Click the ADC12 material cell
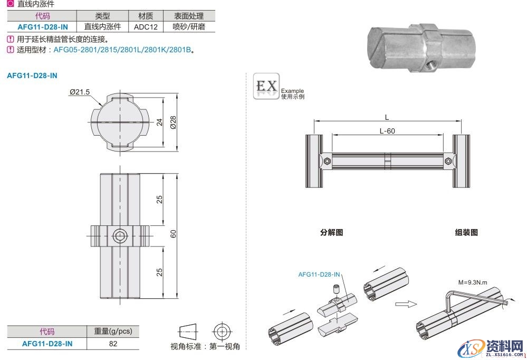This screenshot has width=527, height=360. (x=146, y=26)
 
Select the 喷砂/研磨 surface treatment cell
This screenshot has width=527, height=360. (x=189, y=26)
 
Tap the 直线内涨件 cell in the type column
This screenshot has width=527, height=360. (x=102, y=26)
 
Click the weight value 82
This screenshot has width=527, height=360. (x=113, y=344)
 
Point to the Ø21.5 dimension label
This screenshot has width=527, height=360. (x=79, y=92)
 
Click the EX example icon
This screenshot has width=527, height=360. (x=266, y=86)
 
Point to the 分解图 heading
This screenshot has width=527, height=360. (x=331, y=232)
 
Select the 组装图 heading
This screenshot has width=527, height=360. (x=466, y=232)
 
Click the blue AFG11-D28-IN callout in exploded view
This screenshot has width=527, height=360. (x=319, y=274)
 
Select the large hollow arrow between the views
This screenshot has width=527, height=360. (x=405, y=304)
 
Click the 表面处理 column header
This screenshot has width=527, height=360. (x=189, y=16)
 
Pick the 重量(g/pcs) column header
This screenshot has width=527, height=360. (x=113, y=331)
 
